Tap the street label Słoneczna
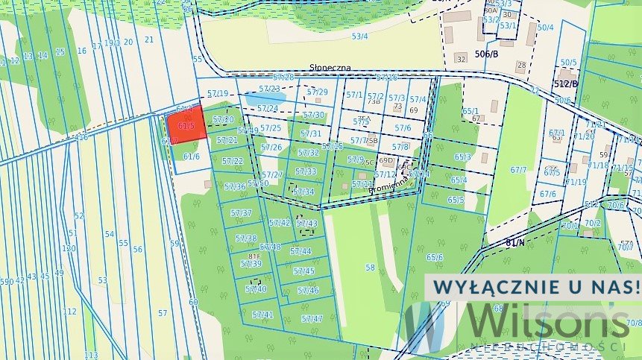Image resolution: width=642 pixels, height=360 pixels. tap(330, 68)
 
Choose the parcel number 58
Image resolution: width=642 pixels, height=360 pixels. tap(370, 267)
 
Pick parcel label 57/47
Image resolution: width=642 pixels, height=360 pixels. tap(312, 318)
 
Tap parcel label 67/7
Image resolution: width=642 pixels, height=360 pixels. tap(518, 170)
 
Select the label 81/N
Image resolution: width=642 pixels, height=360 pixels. tap(514, 241)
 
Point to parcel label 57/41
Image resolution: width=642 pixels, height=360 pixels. tap(262, 315)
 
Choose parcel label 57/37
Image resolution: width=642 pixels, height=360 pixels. tap(241, 213)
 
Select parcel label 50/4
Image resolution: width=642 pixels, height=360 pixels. tap(545, 28)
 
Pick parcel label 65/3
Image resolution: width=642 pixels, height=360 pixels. tap(462, 157)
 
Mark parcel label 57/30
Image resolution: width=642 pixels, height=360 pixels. tap(313, 115)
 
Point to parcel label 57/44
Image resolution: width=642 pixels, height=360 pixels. tap(300, 252)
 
